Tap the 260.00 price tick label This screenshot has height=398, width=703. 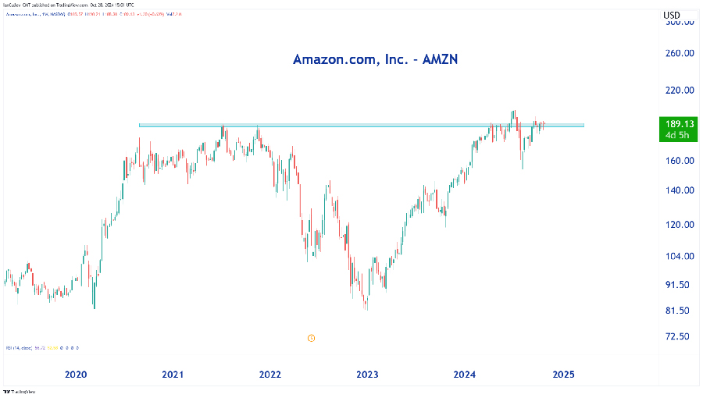tap(679, 54)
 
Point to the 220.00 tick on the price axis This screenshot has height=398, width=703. tap(679, 91)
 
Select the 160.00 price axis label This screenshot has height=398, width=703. tap(679, 161)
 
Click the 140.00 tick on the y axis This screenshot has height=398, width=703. tap(679, 190)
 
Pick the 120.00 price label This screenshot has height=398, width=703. tap(679, 225)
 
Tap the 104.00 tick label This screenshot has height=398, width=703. tap(679, 257)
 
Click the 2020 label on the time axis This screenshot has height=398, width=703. tap(76, 375)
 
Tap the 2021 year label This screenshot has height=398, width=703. tap(173, 375)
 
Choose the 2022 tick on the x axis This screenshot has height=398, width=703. tap(270, 375)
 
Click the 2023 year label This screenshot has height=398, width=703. tap(368, 375)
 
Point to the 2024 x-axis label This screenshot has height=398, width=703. tap(466, 375)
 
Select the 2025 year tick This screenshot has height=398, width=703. tap(563, 375)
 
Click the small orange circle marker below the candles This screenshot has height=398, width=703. tap(311, 338)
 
